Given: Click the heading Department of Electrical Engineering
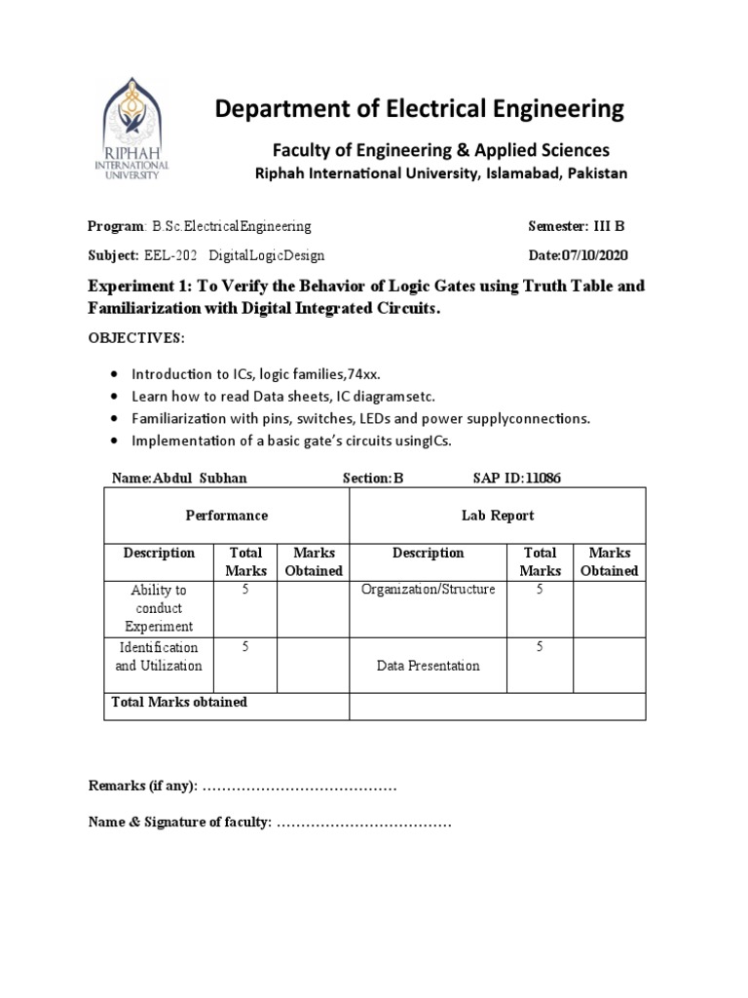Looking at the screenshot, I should (419, 109).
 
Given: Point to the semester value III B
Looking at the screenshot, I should (609, 226).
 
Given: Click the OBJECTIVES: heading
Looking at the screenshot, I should (135, 337).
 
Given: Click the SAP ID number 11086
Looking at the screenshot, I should (542, 478).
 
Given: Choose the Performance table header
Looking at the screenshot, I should (227, 516).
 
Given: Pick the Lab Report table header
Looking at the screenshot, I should (498, 516).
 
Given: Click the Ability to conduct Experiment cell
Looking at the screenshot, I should (159, 608).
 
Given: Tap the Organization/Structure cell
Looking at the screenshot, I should (429, 590).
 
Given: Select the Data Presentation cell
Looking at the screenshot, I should (429, 666).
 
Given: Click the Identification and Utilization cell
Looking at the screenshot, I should (159, 657).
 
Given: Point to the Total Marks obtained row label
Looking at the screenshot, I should (179, 702).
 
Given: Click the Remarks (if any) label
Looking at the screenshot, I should (143, 786).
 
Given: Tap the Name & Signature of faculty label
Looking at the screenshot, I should (180, 823).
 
